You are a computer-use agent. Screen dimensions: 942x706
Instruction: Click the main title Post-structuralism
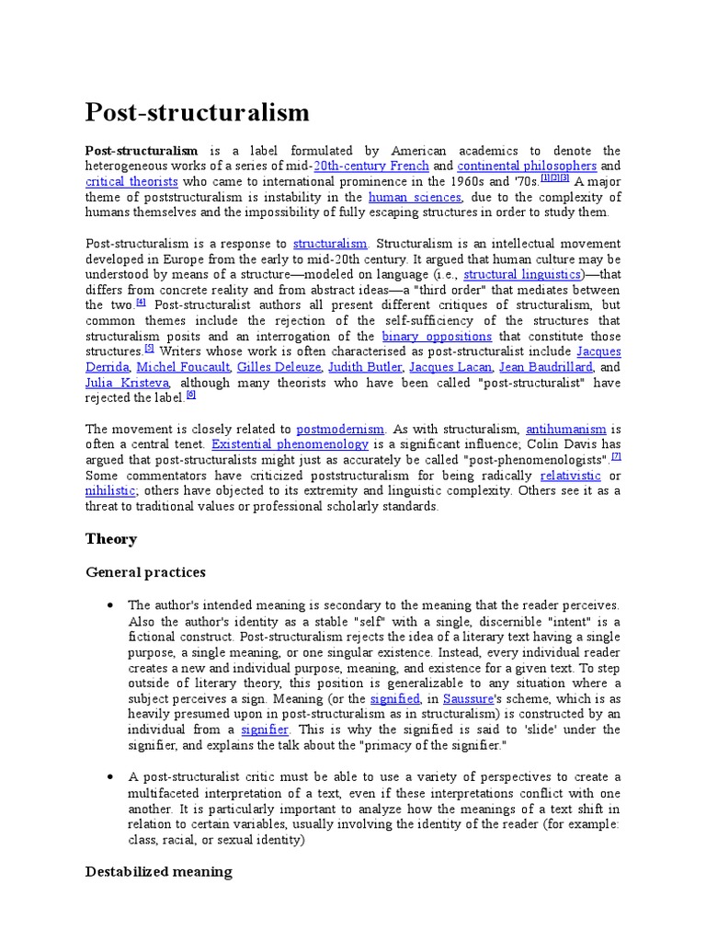point(198,113)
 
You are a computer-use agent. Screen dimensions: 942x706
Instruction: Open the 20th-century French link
point(371,167)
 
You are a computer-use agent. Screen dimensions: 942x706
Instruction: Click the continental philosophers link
point(527,167)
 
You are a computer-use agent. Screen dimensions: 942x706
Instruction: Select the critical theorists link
point(131,182)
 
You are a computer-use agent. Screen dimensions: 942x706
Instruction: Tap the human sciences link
point(415,198)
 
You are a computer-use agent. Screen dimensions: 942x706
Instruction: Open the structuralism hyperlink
point(330,244)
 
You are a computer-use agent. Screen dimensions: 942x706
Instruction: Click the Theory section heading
point(111,539)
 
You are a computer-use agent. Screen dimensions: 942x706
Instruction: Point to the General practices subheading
point(145,572)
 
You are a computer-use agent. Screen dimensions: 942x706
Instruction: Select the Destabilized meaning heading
point(158,871)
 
